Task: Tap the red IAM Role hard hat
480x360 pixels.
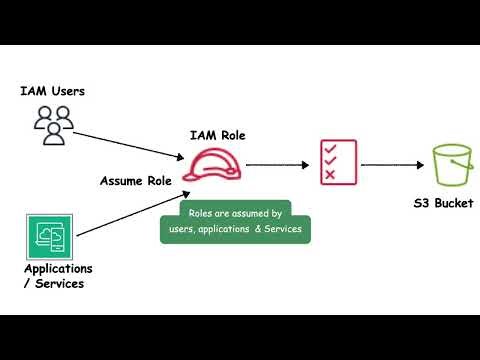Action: click(210, 164)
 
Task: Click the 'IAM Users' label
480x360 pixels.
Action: click(52, 92)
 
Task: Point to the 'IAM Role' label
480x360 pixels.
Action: click(217, 135)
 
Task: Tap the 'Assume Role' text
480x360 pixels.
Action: click(136, 181)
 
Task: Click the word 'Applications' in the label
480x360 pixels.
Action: click(58, 269)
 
